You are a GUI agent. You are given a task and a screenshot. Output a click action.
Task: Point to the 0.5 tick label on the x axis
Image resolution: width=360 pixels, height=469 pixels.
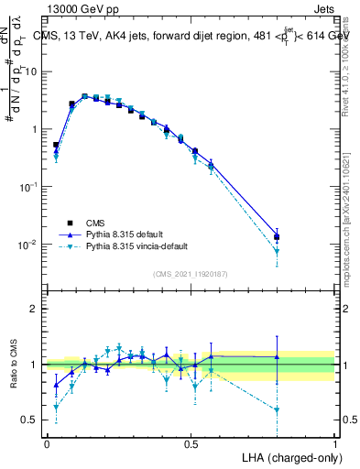point(191,443)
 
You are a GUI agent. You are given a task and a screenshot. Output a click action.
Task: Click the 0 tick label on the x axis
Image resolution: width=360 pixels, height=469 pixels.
point(47,443)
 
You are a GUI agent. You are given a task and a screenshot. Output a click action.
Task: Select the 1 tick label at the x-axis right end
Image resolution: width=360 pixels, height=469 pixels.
point(334,443)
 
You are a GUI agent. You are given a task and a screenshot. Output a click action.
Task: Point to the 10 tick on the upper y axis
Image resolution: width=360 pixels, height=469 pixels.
point(33,71)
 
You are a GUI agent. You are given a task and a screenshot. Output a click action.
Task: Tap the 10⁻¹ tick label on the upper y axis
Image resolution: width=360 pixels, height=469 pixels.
point(31,187)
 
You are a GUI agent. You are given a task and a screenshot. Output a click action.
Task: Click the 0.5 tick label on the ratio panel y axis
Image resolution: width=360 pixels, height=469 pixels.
point(33,420)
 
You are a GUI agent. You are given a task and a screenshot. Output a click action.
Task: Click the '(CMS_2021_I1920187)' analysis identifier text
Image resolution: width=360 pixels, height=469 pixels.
point(190,273)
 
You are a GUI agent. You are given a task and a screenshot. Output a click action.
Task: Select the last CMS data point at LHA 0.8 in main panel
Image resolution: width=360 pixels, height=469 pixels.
point(277,237)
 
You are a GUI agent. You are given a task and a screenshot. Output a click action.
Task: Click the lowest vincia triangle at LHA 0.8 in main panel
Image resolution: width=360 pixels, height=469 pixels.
point(277,251)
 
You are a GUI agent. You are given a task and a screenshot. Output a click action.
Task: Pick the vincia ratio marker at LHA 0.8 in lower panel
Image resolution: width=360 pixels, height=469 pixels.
point(277,409)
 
